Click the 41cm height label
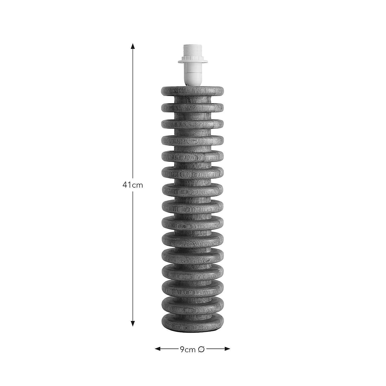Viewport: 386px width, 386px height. point(133,185)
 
